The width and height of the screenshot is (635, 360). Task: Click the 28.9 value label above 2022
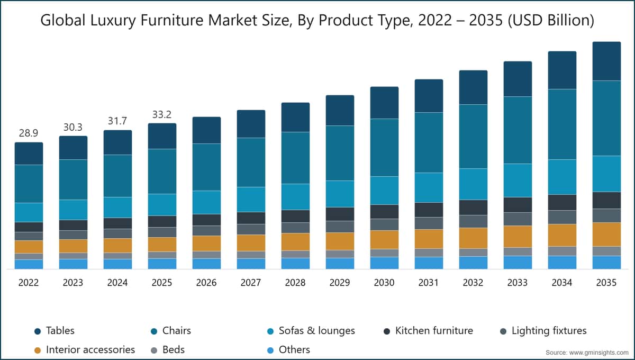coord(29,133)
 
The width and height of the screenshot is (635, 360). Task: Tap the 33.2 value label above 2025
coord(162,114)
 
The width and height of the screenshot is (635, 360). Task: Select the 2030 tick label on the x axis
coord(384,283)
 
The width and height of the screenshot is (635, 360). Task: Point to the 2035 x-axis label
coord(606,283)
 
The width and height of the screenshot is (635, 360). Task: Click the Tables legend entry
coord(60,331)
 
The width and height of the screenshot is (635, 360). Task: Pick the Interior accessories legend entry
coord(90,349)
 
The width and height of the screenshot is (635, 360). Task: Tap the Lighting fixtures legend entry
coord(549,331)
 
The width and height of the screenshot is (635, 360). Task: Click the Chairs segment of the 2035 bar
coord(606,118)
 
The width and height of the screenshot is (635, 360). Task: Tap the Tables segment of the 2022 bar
coord(29,154)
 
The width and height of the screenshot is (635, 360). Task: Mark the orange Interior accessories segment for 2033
coord(518,236)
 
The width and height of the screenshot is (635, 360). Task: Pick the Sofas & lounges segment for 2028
coord(295,196)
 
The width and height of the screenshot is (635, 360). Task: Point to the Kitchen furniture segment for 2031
coord(429,210)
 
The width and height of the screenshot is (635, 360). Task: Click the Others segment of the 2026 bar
coord(206,264)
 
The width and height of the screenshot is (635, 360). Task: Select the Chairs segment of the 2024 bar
coord(117,176)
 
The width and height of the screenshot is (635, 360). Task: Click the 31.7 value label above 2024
coord(117,121)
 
